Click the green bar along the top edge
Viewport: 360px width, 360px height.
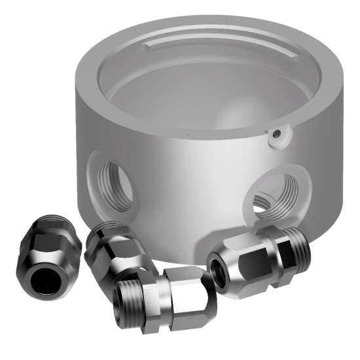(180, 4)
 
